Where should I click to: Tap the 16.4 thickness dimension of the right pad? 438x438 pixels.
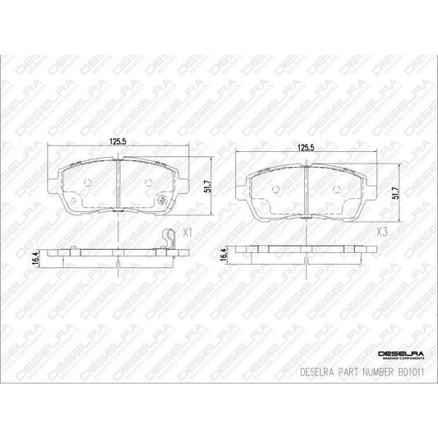pyautogui.click(x=224, y=258)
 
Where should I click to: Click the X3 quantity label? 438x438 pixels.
pyautogui.click(x=381, y=233)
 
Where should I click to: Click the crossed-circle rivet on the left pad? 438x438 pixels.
pyautogui.click(x=164, y=200)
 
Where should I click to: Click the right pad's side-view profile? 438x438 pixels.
pyautogui.click(x=305, y=255)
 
